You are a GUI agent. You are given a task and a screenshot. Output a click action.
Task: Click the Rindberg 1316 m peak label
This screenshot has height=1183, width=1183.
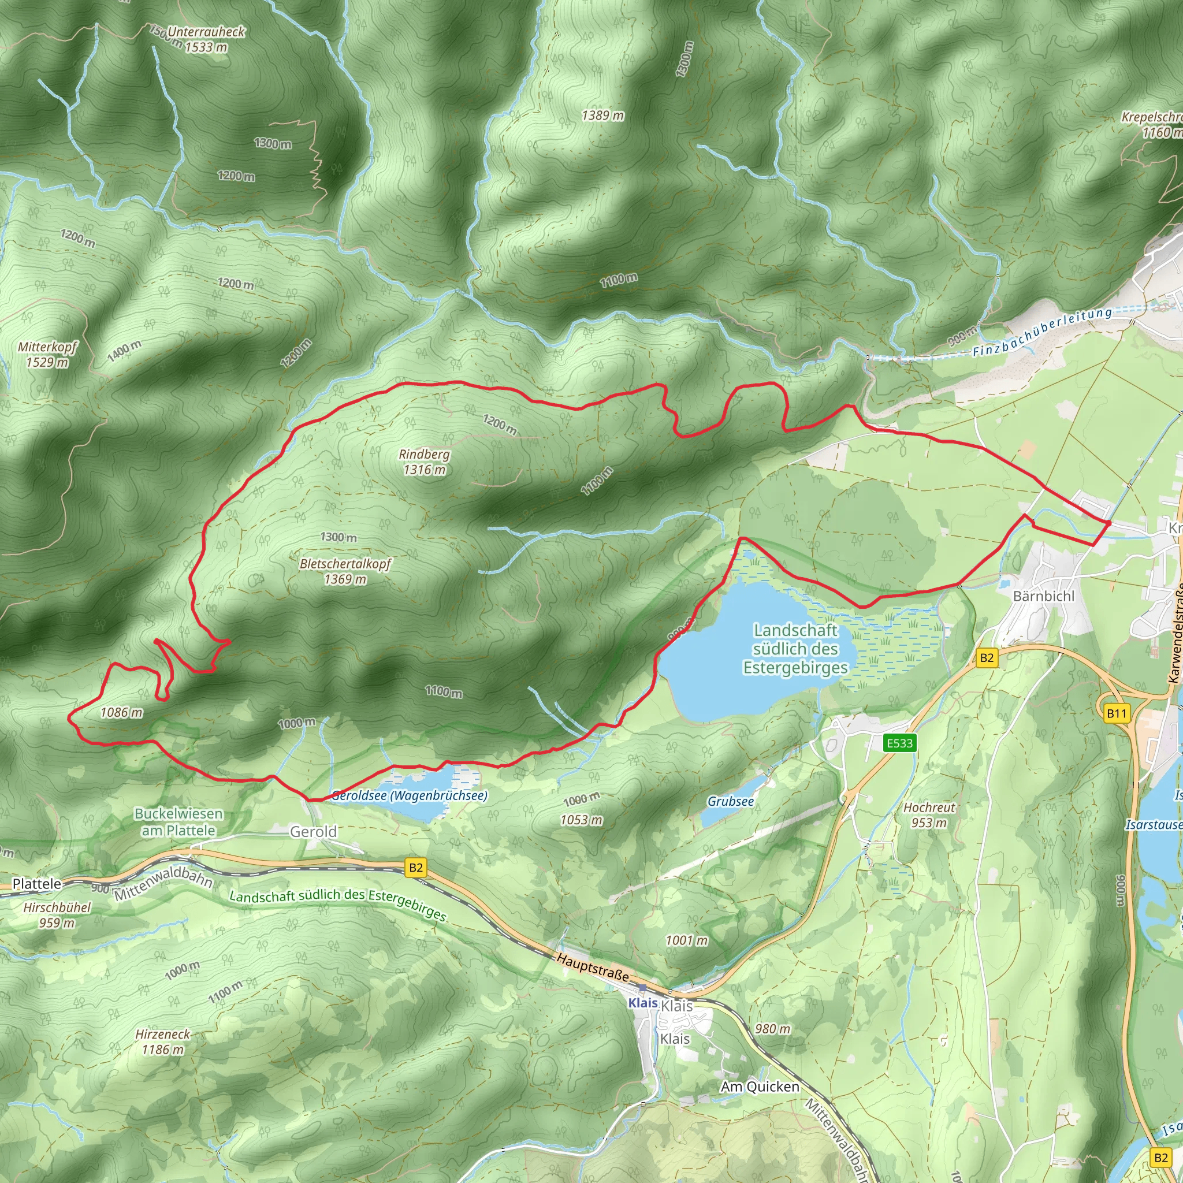(424, 462)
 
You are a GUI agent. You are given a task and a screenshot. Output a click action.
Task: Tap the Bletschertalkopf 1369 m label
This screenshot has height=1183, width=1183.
(345, 571)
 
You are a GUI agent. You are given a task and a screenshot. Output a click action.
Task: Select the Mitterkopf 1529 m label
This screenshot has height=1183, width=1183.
(47, 355)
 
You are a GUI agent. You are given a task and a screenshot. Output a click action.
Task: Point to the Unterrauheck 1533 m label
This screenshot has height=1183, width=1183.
(206, 39)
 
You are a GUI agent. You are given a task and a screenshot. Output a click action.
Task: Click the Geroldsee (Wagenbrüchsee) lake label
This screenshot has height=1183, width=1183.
(409, 795)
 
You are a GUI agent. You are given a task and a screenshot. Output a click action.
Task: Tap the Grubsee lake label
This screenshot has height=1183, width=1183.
(731, 801)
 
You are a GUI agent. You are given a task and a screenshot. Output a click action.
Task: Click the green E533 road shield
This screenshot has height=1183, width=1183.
(899, 743)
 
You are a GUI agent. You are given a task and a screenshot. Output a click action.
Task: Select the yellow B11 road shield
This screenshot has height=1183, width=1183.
(1116, 713)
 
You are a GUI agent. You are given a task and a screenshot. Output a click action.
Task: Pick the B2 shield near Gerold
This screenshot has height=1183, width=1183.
(416, 867)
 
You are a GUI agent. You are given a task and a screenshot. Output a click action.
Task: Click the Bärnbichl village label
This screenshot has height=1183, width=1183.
(1043, 596)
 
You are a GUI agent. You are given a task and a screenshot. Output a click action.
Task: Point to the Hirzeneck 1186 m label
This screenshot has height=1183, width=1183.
(162, 1041)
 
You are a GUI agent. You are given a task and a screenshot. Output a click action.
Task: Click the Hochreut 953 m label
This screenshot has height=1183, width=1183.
(929, 815)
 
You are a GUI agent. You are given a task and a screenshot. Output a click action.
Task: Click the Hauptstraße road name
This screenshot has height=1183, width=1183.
(592, 966)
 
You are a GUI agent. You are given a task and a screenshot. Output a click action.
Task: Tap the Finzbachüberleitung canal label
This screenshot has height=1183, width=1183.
(1042, 333)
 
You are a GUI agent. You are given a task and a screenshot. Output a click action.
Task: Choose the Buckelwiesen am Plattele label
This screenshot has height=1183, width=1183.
(178, 822)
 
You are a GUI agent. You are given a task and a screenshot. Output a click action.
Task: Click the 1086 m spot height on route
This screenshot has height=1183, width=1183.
(121, 712)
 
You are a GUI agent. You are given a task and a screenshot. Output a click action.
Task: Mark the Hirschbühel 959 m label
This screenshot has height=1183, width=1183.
(57, 915)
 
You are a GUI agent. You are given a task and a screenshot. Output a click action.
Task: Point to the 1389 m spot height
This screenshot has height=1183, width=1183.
(602, 115)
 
